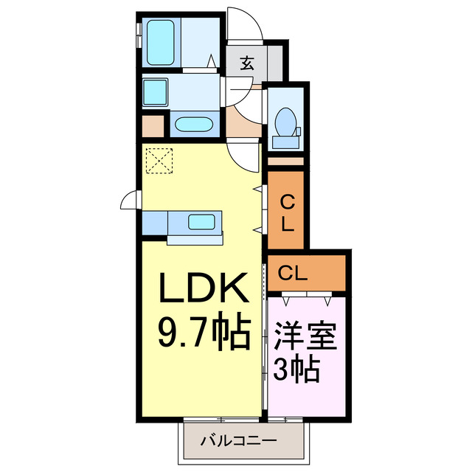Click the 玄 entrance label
point(246,63)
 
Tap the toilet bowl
point(285,120)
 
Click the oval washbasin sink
point(193,124)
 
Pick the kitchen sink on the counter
point(201,222)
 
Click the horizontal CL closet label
point(293,274)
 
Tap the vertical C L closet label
point(288,212)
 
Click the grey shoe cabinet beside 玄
point(274,63)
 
